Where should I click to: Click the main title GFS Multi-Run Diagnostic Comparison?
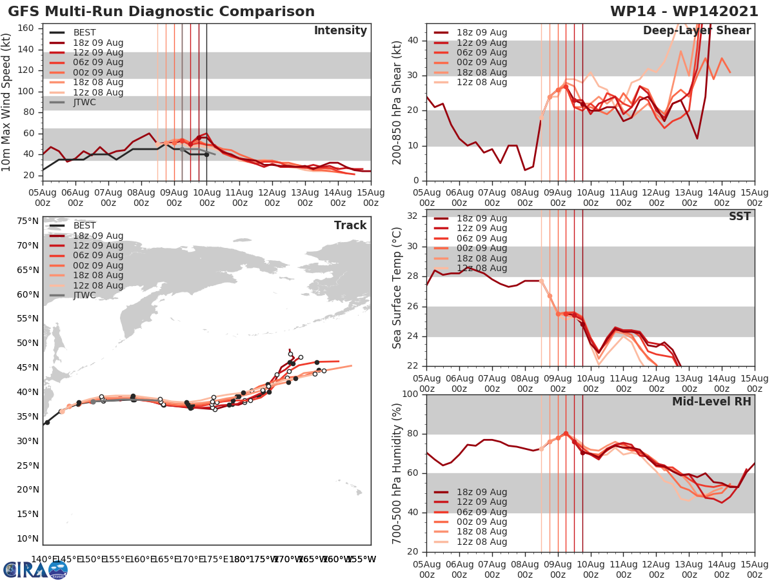(161, 12)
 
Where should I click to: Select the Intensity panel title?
(341, 31)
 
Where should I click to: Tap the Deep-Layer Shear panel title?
(697, 31)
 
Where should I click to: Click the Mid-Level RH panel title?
(711, 402)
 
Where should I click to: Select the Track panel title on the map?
(350, 225)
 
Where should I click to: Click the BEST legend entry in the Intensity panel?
(84, 33)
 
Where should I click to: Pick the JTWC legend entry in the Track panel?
(84, 296)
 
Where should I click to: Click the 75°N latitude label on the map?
(27, 221)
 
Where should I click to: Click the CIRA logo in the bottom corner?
(35, 569)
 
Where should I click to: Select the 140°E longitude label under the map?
(44, 559)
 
